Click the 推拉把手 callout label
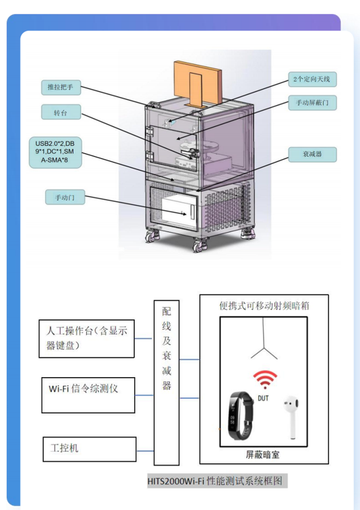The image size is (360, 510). click(61, 87)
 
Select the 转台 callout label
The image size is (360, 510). click(61, 112)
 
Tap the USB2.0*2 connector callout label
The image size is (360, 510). click(55, 152)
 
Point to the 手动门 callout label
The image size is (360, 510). click(65, 197)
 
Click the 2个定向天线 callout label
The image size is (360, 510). click(312, 79)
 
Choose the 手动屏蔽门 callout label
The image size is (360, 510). click(312, 103)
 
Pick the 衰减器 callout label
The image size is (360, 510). click(312, 154)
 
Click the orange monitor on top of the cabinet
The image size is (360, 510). click(198, 82)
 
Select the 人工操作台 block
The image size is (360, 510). click(86, 339)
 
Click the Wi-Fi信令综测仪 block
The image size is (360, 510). click(88, 395)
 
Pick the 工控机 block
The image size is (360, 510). click(90, 449)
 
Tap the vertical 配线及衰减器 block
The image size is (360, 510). click(167, 382)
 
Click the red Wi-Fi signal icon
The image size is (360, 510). click(265, 379)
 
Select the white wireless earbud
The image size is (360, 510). click(291, 417)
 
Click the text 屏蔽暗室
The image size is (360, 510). click(262, 455)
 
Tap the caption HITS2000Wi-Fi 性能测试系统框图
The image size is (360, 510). click(215, 481)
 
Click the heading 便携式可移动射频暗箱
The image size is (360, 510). click(264, 306)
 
